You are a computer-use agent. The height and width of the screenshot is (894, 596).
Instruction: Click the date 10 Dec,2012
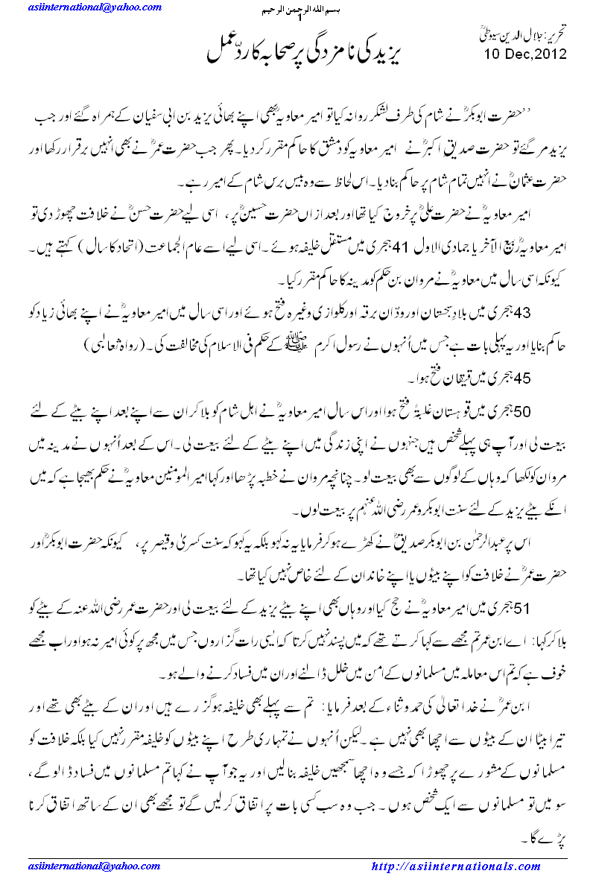point(524,54)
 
